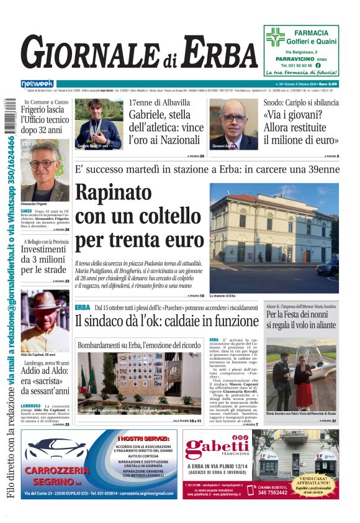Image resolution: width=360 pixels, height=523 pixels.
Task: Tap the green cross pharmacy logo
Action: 275,37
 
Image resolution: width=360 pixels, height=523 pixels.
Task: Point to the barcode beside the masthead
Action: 9,117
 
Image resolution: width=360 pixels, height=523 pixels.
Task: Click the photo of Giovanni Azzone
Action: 233,124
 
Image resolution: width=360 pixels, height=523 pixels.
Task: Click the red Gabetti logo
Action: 217,447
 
